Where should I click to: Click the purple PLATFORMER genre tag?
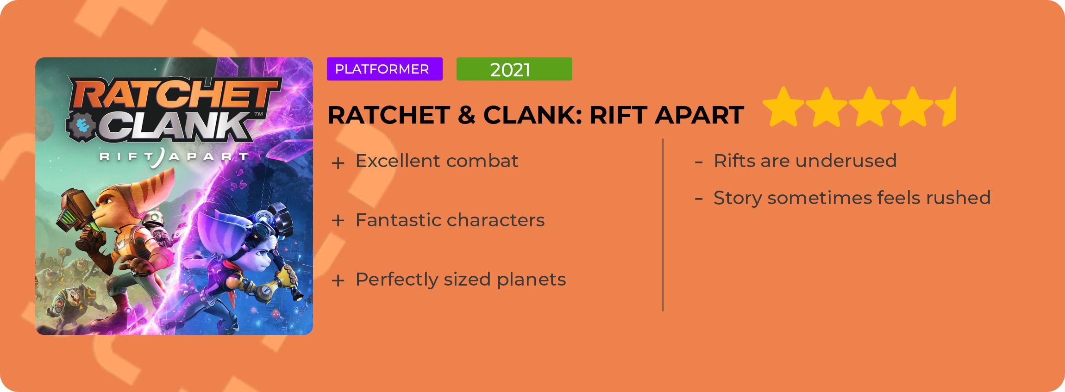click(x=384, y=69)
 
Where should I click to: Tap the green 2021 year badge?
click(x=514, y=69)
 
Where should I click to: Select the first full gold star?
click(x=783, y=107)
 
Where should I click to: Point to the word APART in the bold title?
click(x=699, y=115)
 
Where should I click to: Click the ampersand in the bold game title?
click(x=467, y=115)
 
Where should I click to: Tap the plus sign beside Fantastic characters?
click(x=338, y=221)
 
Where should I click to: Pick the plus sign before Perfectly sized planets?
click(x=338, y=280)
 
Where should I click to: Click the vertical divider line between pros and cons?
click(x=663, y=225)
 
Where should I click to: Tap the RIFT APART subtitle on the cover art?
click(x=174, y=156)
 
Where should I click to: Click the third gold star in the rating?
click(x=870, y=107)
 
